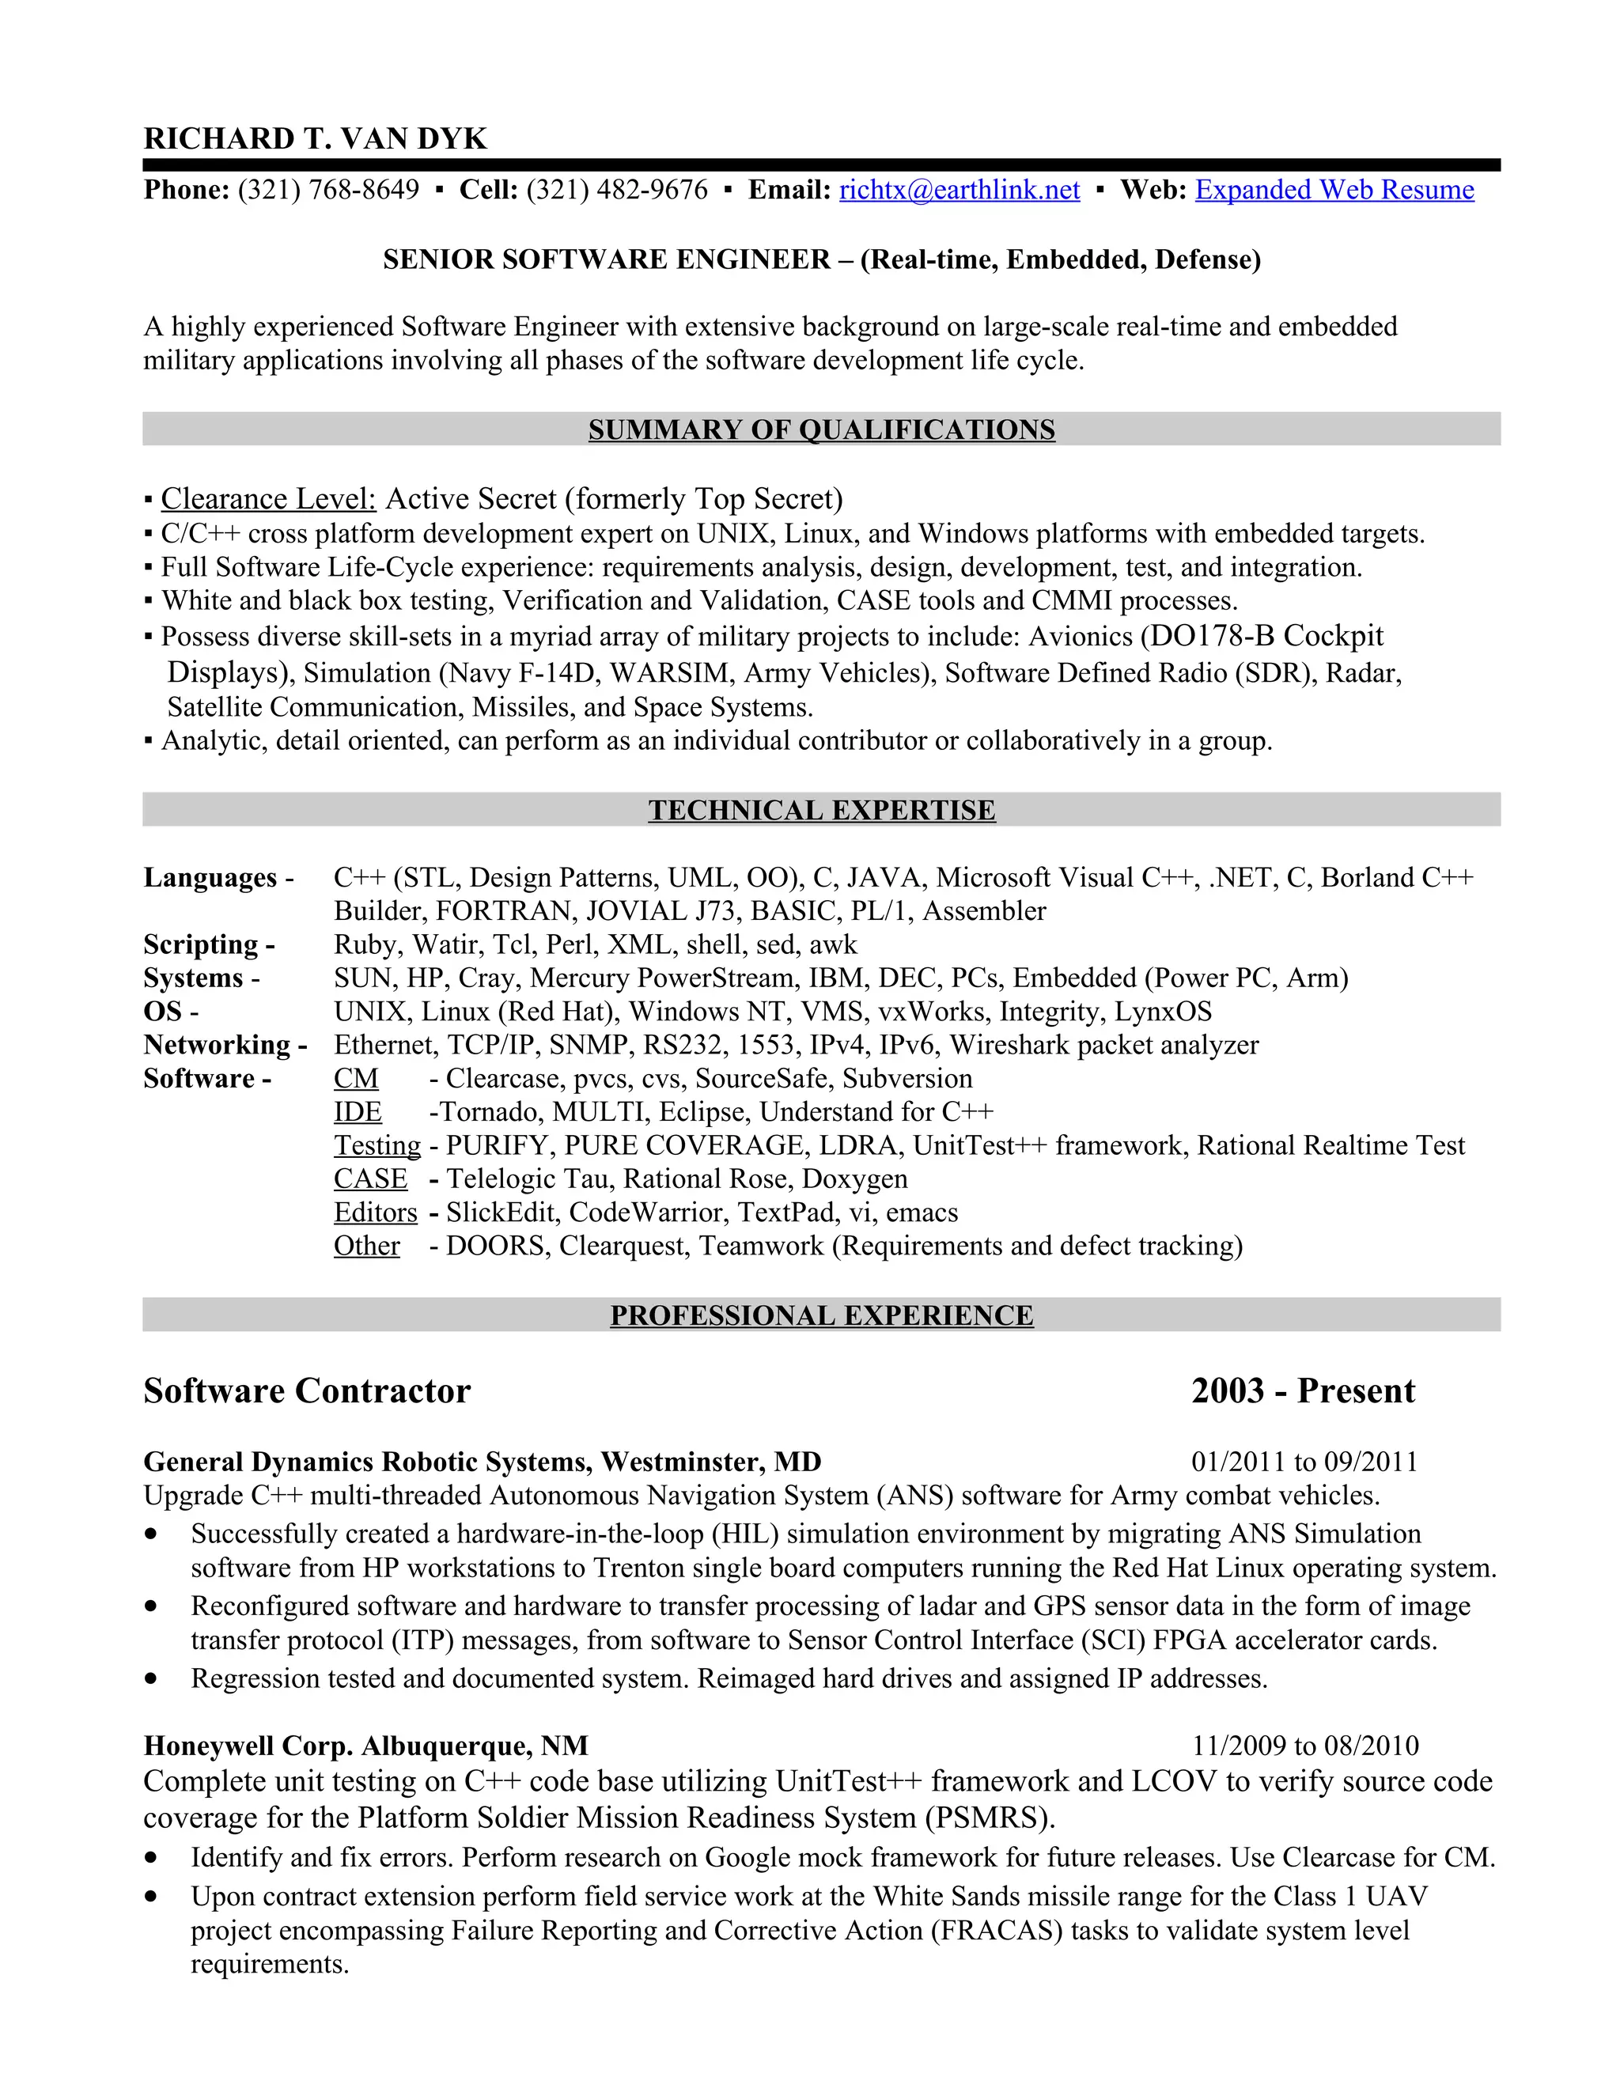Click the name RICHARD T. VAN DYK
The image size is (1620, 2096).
315,138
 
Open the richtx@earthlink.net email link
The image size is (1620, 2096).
959,190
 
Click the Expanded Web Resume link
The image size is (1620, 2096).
1334,190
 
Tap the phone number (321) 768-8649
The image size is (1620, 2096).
328,190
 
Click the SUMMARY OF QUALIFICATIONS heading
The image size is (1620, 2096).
822,430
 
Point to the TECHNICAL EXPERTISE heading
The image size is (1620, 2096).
822,810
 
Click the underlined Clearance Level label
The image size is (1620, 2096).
268,499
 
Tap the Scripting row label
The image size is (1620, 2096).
209,944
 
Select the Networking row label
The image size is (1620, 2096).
225,1044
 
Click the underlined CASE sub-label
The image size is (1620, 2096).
370,1179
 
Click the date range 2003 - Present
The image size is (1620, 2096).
1302,1390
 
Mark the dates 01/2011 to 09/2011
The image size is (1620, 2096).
1304,1462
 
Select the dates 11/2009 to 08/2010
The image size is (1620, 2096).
1305,1746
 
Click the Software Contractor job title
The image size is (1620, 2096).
307,1390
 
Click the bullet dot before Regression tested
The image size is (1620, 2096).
150,1678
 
